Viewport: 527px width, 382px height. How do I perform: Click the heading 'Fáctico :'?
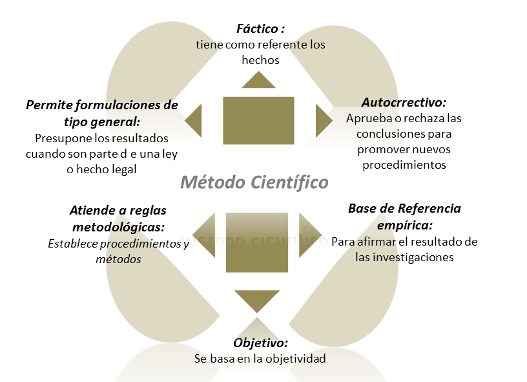coord(260,29)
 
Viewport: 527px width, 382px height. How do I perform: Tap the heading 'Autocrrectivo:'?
coord(404,102)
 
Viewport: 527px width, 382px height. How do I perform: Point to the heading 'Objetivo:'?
coord(260,343)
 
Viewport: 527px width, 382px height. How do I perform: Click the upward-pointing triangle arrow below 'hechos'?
coord(258,80)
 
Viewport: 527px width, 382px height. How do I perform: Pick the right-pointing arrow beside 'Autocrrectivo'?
coord(322,120)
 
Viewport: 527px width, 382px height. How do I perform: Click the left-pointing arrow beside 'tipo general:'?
coord(194,120)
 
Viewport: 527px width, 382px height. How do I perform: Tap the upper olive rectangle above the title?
coord(258,120)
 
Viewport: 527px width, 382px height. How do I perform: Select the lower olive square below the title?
coord(257,242)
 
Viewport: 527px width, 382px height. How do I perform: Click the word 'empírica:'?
coord(405,225)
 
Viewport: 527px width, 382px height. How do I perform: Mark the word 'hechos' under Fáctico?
coord(260,60)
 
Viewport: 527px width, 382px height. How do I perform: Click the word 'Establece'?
coord(72,244)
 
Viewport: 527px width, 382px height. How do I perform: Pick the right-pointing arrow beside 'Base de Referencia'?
coord(309,229)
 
